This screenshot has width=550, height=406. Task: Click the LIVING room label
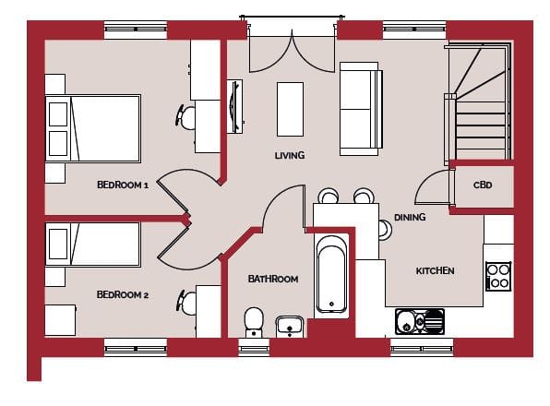tap(290, 155)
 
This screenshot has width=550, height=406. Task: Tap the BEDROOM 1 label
tap(123, 185)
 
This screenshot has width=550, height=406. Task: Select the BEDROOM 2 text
tap(123, 295)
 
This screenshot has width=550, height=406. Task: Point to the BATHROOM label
tap(273, 279)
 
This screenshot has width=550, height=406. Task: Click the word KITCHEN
tap(435, 270)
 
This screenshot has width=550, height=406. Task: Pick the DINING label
tap(410, 218)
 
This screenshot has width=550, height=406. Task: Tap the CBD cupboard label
tap(483, 185)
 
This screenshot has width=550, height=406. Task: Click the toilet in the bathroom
tap(254, 322)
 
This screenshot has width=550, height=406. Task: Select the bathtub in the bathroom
tap(331, 274)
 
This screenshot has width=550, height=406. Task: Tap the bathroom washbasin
tap(290, 326)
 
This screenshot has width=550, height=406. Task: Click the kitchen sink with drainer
tap(420, 321)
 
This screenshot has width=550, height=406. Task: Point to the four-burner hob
tap(498, 276)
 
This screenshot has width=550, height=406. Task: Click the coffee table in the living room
tap(290, 110)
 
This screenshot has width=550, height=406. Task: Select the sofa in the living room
tap(361, 109)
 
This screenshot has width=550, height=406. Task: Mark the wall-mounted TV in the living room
tap(235, 106)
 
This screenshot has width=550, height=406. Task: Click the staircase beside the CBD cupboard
tap(478, 101)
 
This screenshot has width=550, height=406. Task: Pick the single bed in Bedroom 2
tap(93, 244)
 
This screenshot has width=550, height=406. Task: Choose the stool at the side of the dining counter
tap(385, 230)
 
